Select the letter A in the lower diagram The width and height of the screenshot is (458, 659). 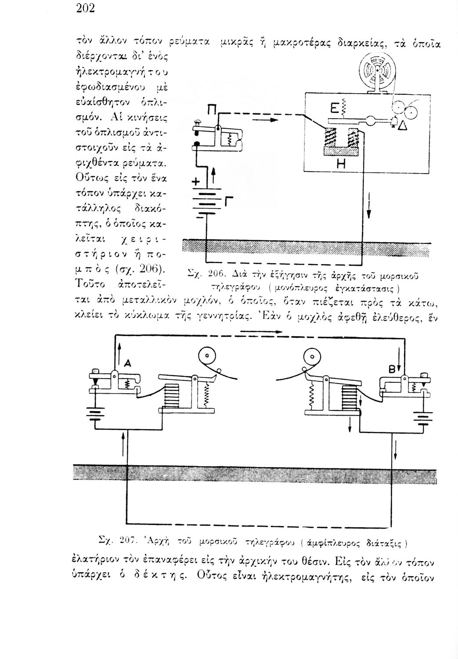click(127, 363)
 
